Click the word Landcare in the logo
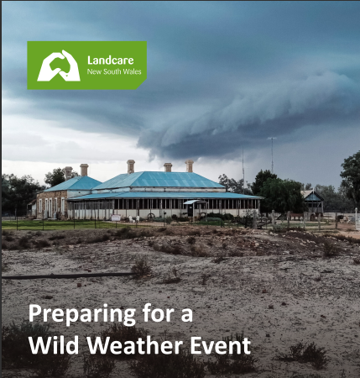pyautogui.click(x=111, y=60)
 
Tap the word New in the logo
pyautogui.click(x=94, y=71)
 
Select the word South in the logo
pyautogui.click(x=112, y=71)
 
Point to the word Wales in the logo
pyautogui.click(x=132, y=71)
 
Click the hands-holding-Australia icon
pyautogui.click(x=59, y=66)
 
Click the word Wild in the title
pyautogui.click(x=54, y=344)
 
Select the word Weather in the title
pyautogui.click(x=135, y=344)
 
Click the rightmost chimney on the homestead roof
pyautogui.click(x=189, y=166)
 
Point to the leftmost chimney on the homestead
pyautogui.click(x=68, y=173)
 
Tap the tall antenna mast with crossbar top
pyautogui.click(x=272, y=155)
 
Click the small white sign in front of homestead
pyautogui.click(x=116, y=218)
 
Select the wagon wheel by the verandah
pyautogui.click(x=151, y=217)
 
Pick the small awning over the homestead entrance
pyautogui.click(x=191, y=202)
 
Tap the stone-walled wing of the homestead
pyautogui.click(x=52, y=204)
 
